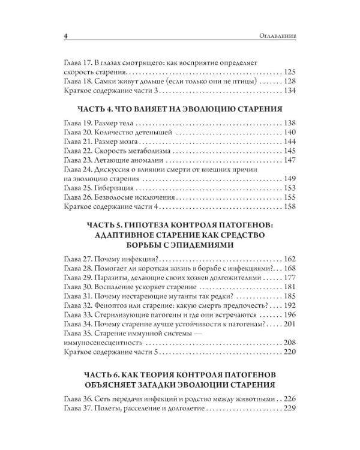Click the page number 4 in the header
64,37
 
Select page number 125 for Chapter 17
289,70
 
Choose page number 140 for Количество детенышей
289,133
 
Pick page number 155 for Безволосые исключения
289,197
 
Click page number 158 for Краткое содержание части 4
289,207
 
